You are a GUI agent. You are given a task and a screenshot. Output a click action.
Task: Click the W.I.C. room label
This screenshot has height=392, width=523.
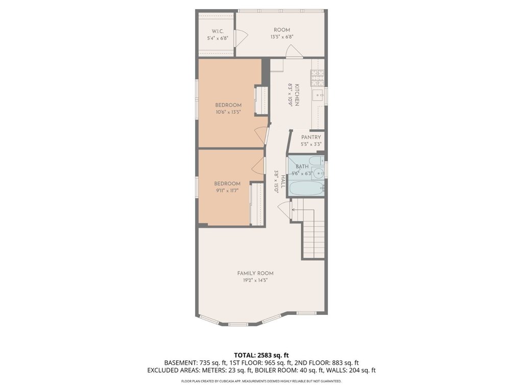[x=218, y=31]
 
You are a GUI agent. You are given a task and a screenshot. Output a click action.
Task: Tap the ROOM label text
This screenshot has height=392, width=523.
[x=282, y=30]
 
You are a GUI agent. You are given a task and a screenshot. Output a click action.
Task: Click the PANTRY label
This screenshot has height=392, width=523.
[x=311, y=137]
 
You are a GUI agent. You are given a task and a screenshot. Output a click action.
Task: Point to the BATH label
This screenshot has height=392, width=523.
[x=302, y=166]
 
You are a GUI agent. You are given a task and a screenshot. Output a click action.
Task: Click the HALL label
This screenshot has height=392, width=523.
[x=283, y=182]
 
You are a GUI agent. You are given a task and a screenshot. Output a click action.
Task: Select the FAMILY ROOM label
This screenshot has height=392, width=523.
[x=255, y=274]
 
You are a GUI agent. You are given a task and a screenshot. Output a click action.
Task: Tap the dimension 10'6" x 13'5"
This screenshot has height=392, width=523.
[x=228, y=112]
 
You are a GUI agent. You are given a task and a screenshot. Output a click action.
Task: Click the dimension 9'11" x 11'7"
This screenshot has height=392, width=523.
[x=227, y=191]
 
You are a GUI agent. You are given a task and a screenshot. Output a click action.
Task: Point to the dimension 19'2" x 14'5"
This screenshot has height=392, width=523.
[x=255, y=281]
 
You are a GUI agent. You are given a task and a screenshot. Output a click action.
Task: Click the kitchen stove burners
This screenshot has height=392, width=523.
[x=317, y=78]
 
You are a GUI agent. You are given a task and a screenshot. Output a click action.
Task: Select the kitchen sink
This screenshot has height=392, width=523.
[x=318, y=95]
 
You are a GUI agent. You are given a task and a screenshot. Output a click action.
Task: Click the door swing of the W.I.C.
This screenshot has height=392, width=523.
[x=242, y=37]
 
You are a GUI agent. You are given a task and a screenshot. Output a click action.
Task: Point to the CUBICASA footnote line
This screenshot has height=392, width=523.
[x=261, y=381]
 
